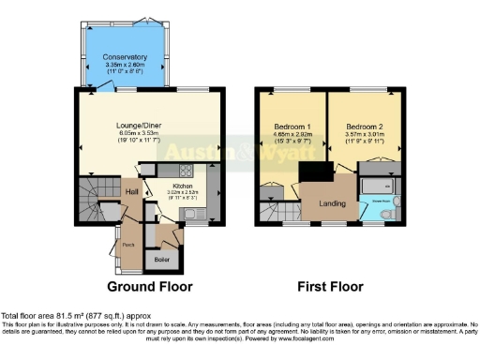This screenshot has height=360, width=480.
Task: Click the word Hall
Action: [x=133, y=192]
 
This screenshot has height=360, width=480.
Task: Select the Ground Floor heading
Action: [x=149, y=286]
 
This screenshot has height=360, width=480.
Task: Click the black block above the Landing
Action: [x=316, y=172]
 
